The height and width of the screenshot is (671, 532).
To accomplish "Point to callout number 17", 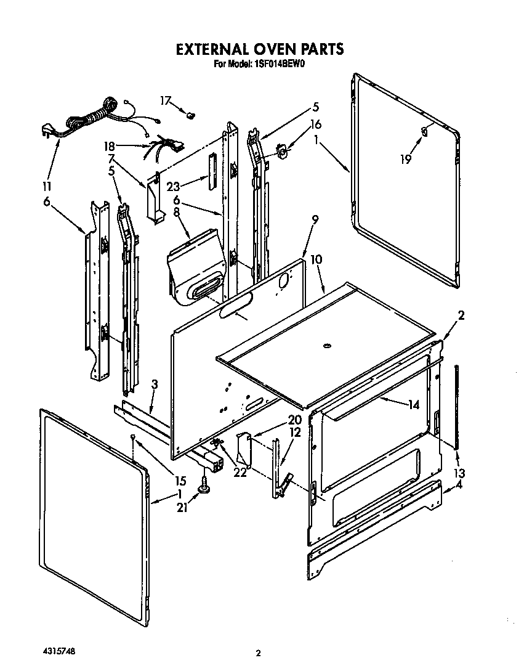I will pos(165,100).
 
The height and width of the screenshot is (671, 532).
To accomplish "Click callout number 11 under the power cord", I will pos(47,186).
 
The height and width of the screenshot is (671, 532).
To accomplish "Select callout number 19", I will pos(405,160).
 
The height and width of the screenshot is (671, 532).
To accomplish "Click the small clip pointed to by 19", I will pos(424,130).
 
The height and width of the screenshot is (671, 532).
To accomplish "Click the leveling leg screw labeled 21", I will pos(203,489).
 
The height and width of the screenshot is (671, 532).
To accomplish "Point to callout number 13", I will pos(459,473).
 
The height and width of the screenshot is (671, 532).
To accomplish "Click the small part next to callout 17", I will pos(190,113).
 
